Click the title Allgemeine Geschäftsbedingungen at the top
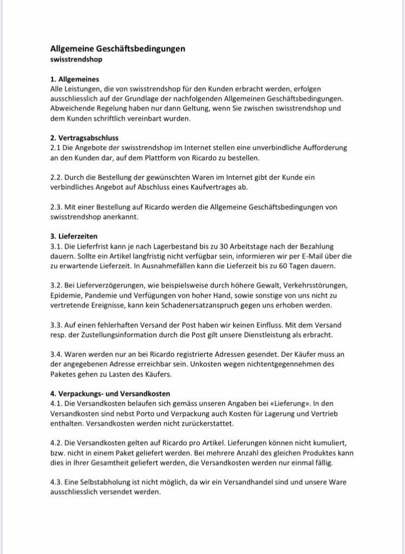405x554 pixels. click(117, 49)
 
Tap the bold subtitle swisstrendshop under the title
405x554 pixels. click(76, 60)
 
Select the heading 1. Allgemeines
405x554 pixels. click(75, 79)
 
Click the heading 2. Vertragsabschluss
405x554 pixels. click(84, 138)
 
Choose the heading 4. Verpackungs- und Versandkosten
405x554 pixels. click(110, 394)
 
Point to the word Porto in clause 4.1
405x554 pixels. click(150, 413)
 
